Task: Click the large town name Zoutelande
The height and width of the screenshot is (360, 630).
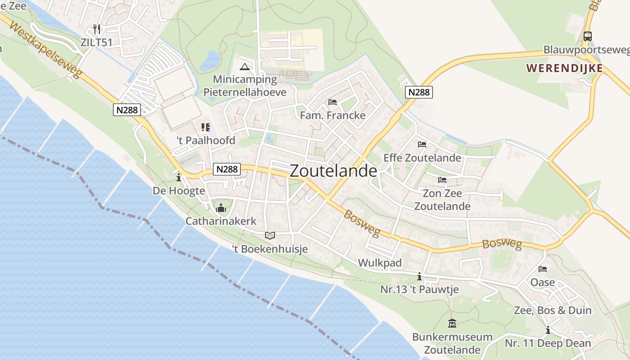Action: point(333,171)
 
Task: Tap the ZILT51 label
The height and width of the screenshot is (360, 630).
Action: point(96,43)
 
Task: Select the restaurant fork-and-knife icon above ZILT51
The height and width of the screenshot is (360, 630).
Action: point(97,29)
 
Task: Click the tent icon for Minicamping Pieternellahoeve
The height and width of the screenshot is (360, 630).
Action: point(245,67)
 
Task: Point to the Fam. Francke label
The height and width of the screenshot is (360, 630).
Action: point(333,115)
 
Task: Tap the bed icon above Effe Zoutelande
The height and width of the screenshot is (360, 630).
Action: point(422,144)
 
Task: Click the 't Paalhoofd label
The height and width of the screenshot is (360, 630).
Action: point(206,140)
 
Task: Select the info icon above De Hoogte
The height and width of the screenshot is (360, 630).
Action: point(179,177)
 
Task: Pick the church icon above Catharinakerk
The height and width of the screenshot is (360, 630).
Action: point(221,208)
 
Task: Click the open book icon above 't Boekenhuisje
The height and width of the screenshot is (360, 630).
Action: point(270,235)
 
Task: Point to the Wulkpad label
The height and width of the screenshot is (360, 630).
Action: point(379,263)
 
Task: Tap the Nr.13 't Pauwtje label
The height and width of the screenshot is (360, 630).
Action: point(419,289)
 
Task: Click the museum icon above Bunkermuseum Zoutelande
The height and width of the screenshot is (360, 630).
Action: point(452,324)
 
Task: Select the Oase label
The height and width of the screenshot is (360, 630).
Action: point(543,283)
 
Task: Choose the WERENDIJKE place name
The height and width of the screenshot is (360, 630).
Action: point(564,68)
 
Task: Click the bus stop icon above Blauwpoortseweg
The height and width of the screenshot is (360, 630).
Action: point(587,36)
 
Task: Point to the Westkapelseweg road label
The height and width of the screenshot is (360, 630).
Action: point(45,50)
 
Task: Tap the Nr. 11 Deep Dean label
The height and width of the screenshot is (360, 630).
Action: point(548,343)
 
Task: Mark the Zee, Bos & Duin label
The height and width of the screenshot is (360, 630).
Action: point(553,310)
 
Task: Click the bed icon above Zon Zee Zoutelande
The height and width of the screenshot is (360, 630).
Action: point(442,180)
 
